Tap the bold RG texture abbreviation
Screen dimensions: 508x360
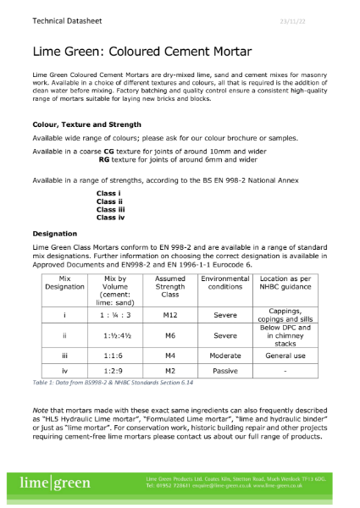pyautogui.click(x=104, y=159)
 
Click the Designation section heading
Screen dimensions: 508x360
pyautogui.click(x=55, y=233)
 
